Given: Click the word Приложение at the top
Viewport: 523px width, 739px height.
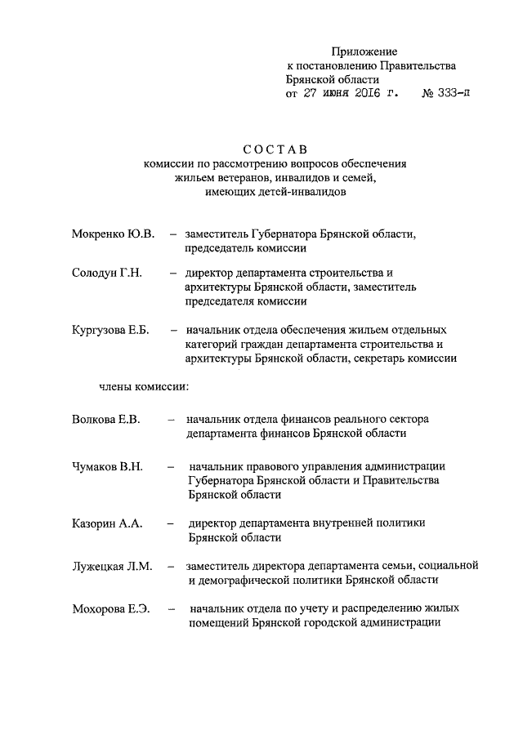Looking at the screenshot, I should (x=369, y=52).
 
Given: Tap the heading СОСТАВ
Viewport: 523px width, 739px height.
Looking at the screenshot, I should (x=274, y=149).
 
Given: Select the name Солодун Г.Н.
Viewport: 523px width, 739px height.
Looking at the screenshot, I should (x=107, y=273).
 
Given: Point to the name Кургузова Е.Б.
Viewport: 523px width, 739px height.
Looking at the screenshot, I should (x=114, y=331).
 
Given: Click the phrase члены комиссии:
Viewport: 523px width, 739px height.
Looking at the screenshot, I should (x=144, y=384).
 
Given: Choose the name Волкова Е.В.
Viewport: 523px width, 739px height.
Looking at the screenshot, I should (x=106, y=420).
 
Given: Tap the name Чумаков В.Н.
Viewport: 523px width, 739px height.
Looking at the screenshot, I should (x=107, y=466).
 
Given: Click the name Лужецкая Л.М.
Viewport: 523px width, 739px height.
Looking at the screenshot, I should (x=112, y=565).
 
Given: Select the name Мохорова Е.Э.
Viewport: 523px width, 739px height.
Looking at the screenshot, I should (x=110, y=608).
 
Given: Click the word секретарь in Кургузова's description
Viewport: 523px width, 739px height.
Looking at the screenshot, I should (x=384, y=358).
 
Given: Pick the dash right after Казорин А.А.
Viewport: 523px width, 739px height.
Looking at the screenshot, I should (x=171, y=523).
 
